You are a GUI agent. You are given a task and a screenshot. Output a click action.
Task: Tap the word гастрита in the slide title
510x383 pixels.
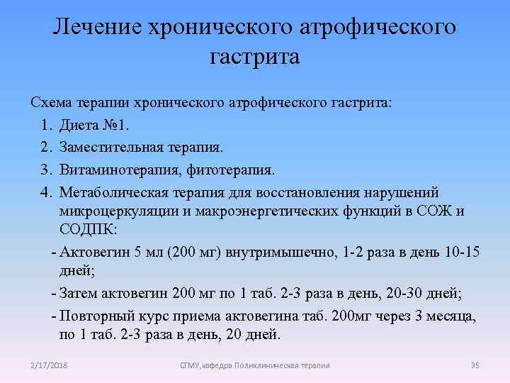pyautogui.click(x=255, y=57)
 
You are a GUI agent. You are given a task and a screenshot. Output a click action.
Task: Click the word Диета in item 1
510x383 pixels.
pyautogui.click(x=80, y=126)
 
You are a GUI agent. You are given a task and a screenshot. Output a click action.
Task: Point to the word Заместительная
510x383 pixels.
pyautogui.click(x=113, y=148)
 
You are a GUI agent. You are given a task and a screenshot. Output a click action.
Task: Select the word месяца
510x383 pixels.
pyautogui.click(x=449, y=316)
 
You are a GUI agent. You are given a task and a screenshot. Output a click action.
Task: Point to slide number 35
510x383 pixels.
pyautogui.click(x=475, y=365)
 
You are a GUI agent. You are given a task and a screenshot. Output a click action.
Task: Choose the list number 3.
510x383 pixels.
pyautogui.click(x=46, y=171)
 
